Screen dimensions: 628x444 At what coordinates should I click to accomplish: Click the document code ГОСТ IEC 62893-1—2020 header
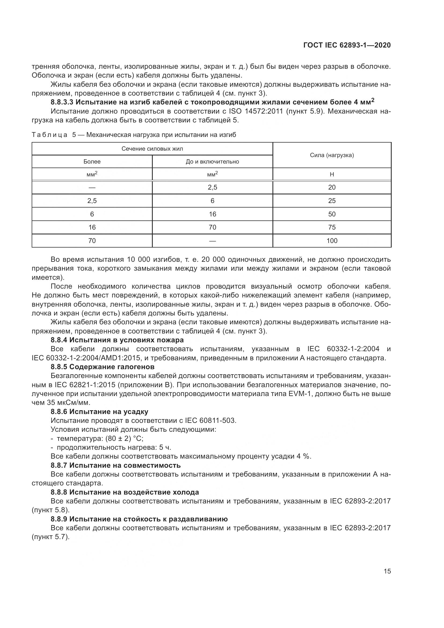tap(347, 45)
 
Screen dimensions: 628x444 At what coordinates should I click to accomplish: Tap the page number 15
tap(387, 571)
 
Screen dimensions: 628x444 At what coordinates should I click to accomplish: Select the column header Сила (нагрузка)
tap(332, 155)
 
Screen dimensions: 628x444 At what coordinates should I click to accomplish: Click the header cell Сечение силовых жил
tap(152, 149)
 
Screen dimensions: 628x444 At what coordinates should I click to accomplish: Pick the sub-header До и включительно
tap(212, 162)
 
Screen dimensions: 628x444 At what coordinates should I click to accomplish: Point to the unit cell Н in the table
tap(332, 175)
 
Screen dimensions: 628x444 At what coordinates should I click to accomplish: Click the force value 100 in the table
tap(332, 241)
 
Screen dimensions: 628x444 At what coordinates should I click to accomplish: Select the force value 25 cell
tap(332, 201)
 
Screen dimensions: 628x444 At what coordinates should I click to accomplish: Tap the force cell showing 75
tap(332, 227)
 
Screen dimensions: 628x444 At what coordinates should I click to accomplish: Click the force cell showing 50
tap(332, 214)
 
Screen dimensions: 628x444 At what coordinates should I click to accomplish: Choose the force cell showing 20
tap(332, 187)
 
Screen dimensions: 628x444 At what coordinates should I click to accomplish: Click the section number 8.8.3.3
tap(62, 103)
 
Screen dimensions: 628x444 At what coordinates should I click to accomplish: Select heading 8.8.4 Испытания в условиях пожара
tap(117, 340)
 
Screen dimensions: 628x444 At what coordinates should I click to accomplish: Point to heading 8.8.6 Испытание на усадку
tap(100, 412)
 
